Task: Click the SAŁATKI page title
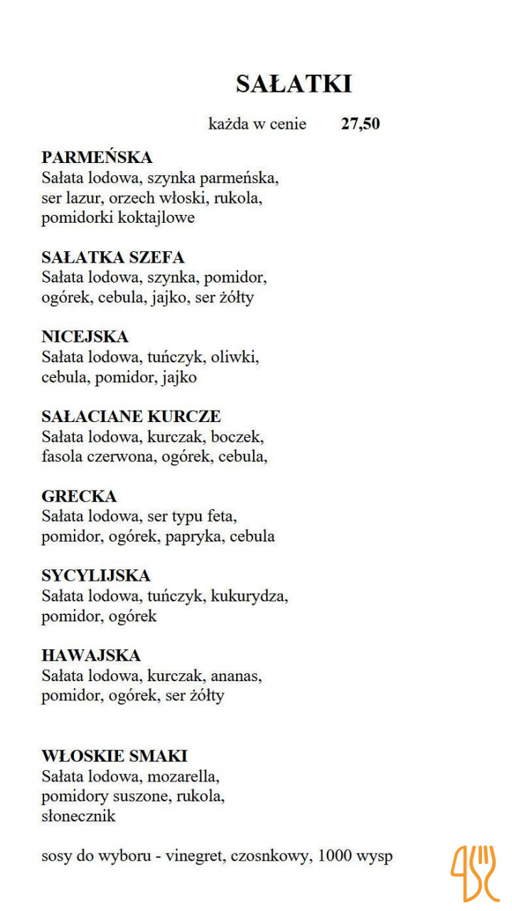tap(294, 84)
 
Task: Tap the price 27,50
tap(361, 124)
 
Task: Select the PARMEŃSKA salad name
tap(97, 157)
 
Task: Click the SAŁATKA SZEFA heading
tap(113, 257)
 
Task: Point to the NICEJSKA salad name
tap(85, 337)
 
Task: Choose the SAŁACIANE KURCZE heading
tap(131, 416)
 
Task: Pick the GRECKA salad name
tap(79, 496)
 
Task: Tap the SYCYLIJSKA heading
tap(96, 576)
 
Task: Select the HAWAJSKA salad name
tap(91, 655)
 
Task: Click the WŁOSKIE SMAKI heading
tap(114, 756)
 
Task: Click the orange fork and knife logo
tap(474, 873)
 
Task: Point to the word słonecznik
tap(78, 816)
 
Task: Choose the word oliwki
tap(235, 357)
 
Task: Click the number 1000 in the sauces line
tap(335, 855)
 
